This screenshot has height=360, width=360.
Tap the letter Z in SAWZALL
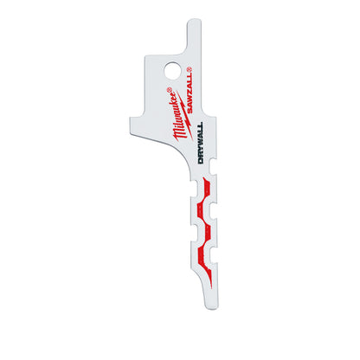tap(201, 112)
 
